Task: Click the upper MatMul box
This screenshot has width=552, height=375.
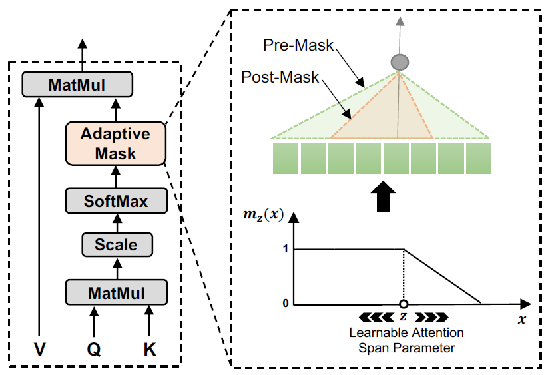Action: click(77, 85)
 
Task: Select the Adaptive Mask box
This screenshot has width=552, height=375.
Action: click(115, 143)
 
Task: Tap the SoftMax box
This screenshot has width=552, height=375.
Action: click(116, 199)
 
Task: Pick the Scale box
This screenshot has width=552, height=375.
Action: click(116, 244)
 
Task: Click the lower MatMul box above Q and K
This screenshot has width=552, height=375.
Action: click(116, 291)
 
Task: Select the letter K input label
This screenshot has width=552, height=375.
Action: click(149, 348)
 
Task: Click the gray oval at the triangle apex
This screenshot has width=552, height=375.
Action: click(400, 63)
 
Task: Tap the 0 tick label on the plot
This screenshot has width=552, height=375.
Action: click(285, 304)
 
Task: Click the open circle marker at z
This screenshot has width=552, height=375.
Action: click(404, 304)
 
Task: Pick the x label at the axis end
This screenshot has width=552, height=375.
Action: click(521, 320)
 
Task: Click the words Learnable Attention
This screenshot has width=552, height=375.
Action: click(401, 332)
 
